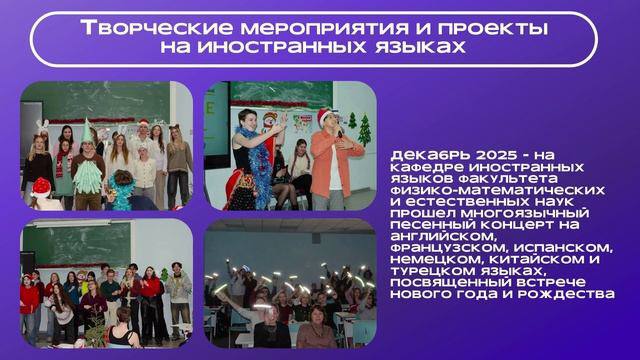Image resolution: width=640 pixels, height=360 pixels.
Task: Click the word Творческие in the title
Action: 156,28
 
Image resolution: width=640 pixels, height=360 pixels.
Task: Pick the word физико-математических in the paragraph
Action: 498,190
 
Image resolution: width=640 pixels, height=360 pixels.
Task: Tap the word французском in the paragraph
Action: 449,248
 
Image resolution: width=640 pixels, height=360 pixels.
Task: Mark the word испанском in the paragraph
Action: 564,248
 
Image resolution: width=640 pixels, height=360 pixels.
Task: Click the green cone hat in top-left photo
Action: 87,131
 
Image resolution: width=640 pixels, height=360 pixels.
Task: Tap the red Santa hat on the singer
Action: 324,115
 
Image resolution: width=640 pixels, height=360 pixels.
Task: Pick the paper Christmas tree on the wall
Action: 364,130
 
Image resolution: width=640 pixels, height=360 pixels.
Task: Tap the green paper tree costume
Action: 87,176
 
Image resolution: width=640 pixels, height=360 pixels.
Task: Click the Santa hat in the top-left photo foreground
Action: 41,188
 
